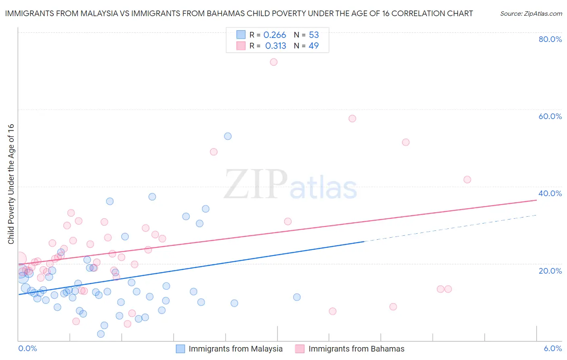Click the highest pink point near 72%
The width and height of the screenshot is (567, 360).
coord(273,62)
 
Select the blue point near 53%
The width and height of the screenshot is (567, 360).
coord(228,136)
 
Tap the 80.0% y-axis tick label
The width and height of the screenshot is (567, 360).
coord(550,39)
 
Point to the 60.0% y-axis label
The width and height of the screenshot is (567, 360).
coord(550,116)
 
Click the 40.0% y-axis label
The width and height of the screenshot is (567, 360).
coord(550,193)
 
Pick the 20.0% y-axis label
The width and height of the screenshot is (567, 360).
coord(550,271)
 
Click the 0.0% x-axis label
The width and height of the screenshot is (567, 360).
coord(27,348)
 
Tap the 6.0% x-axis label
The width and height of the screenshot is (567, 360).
coord(553,348)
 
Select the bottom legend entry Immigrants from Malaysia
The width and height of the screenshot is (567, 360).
coord(236,349)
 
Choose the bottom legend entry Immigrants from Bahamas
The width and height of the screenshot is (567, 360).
coord(356,349)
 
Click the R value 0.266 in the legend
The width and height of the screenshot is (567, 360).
coord(275,35)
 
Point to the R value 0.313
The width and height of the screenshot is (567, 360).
coord(275,46)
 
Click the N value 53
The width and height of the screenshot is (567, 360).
coord(314,35)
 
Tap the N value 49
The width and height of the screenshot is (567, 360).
coord(313,46)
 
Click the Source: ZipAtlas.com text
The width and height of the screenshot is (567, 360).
coord(531,14)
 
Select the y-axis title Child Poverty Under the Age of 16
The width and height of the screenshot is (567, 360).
coord(11,184)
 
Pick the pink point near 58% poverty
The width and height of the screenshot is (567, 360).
coord(352,119)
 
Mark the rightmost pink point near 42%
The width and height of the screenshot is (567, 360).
coord(467,180)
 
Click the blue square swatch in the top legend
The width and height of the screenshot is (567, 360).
coord(241,35)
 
